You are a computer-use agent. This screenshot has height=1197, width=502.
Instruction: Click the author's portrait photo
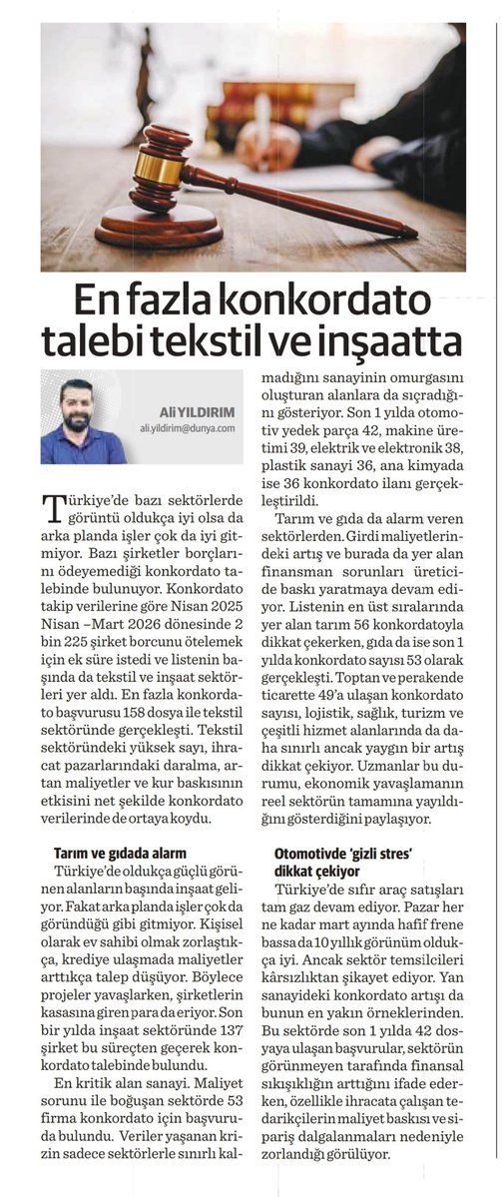pos(84,417)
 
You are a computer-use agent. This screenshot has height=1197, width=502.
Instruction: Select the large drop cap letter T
pos(59,510)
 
